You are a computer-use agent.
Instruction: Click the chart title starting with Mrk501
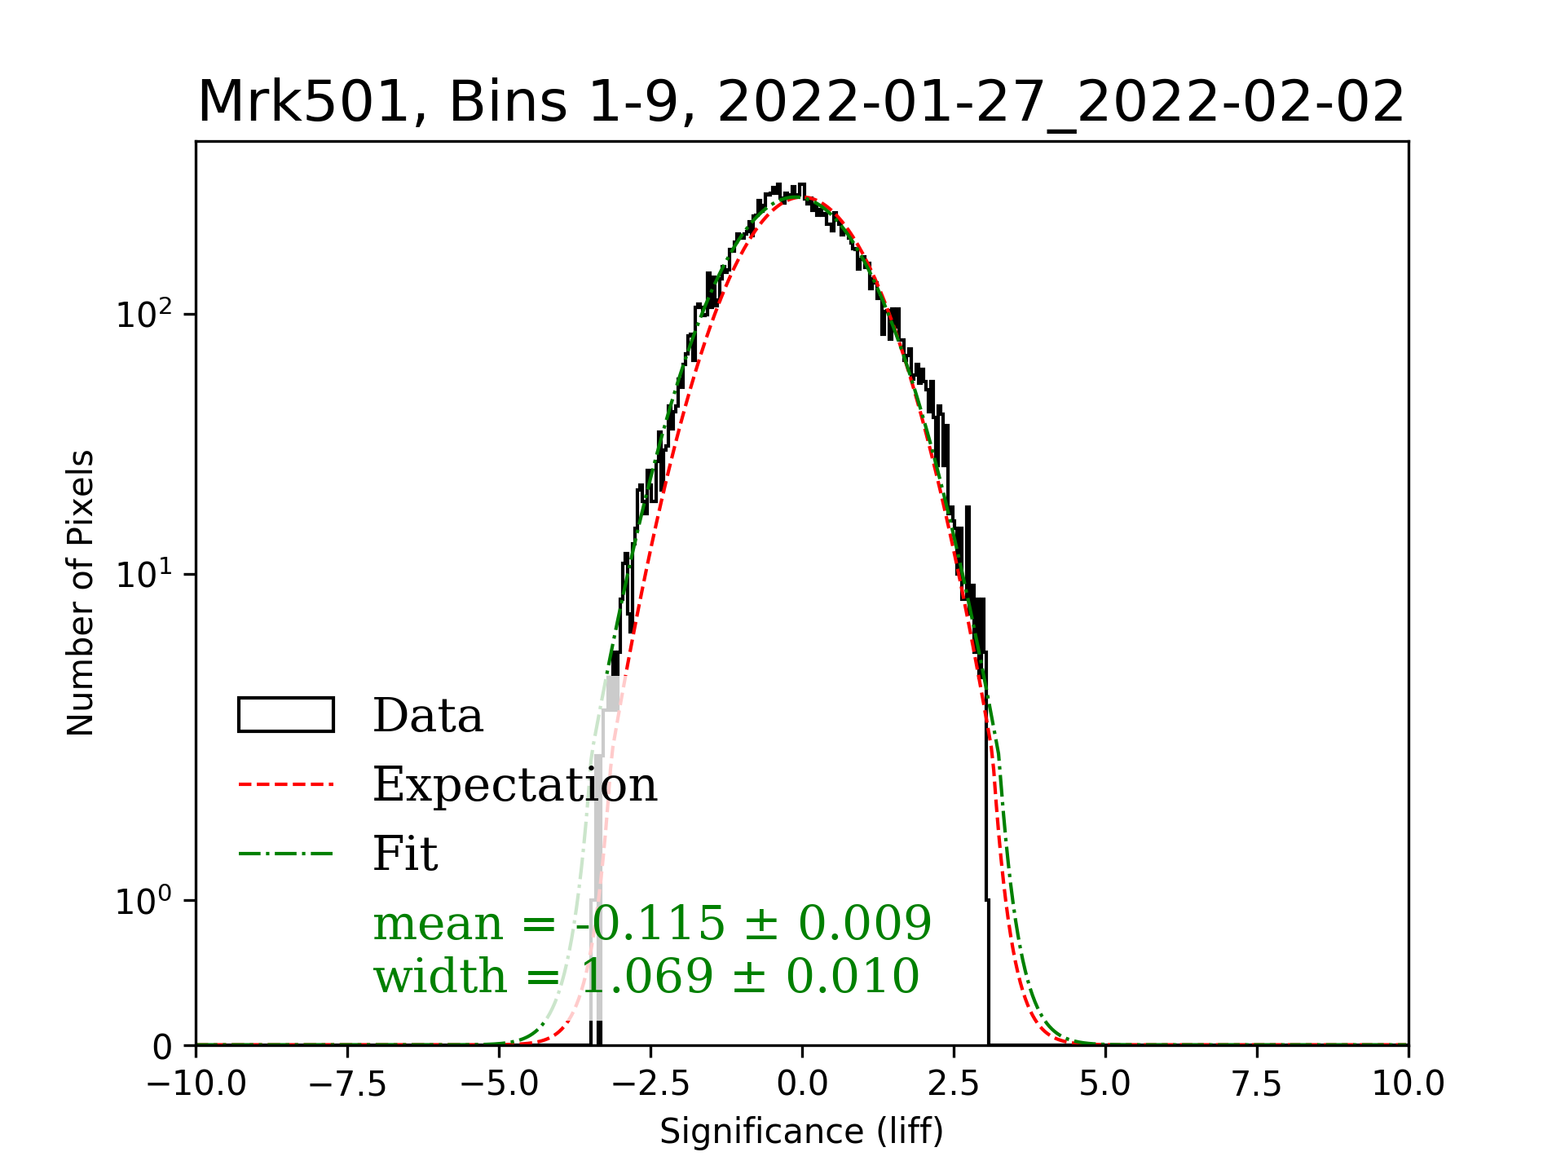[x=800, y=103]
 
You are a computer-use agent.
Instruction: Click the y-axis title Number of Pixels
[x=81, y=593]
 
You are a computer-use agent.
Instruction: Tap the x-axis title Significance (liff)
[x=801, y=1132]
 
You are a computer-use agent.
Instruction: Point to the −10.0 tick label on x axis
[x=196, y=1084]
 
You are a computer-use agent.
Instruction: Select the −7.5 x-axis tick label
[x=348, y=1084]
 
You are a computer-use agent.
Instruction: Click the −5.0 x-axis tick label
[x=500, y=1084]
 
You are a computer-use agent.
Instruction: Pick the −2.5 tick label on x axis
[x=651, y=1084]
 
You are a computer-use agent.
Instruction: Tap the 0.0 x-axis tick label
[x=802, y=1084]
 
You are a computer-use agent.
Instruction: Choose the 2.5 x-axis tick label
[x=954, y=1084]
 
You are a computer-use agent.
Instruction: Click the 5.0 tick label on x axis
[x=1105, y=1084]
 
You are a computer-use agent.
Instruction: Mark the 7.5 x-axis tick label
[x=1257, y=1084]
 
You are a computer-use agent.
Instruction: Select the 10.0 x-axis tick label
[x=1408, y=1084]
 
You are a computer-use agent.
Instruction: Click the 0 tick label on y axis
[x=163, y=1047]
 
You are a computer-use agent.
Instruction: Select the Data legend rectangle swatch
[x=286, y=715]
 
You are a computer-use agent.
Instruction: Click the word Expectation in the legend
[x=514, y=784]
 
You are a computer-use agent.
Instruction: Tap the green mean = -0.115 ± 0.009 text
[x=651, y=923]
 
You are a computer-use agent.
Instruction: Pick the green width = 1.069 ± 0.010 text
[x=646, y=976]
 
